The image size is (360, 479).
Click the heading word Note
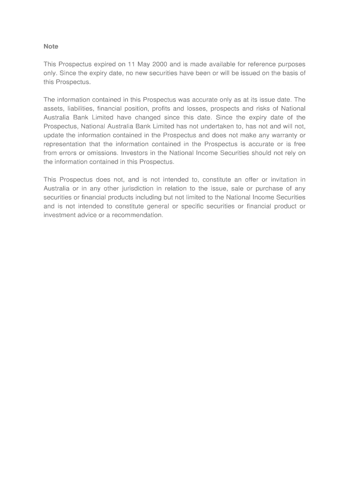click(x=51, y=46)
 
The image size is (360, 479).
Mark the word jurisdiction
click(x=136, y=189)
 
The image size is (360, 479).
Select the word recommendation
click(x=138, y=215)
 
